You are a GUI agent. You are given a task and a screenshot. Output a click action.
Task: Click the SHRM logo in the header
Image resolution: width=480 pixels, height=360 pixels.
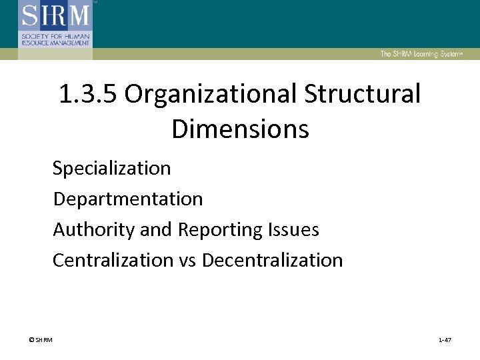click(55, 24)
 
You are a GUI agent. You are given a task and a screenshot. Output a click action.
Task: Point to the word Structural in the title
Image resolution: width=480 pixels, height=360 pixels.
click(363, 95)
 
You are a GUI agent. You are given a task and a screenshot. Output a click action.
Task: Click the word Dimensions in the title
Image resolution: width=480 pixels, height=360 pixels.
click(240, 129)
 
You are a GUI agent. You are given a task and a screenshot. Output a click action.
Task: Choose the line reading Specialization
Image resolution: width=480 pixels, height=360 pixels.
click(112, 168)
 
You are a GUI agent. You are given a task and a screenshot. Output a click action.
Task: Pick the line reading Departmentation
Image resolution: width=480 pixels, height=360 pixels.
click(128, 199)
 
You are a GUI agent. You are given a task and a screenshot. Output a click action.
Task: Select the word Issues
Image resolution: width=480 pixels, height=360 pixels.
click(293, 230)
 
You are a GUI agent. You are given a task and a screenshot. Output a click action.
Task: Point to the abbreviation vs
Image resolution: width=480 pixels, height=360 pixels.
click(188, 261)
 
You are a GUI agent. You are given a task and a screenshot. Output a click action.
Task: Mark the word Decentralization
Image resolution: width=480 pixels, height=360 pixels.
click(272, 260)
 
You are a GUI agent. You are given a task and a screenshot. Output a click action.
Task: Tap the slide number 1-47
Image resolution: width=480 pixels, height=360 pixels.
click(445, 341)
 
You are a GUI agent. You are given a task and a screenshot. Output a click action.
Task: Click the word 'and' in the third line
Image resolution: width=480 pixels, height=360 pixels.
click(156, 230)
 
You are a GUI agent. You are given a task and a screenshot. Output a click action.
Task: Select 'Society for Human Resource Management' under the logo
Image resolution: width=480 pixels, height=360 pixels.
click(55, 39)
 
